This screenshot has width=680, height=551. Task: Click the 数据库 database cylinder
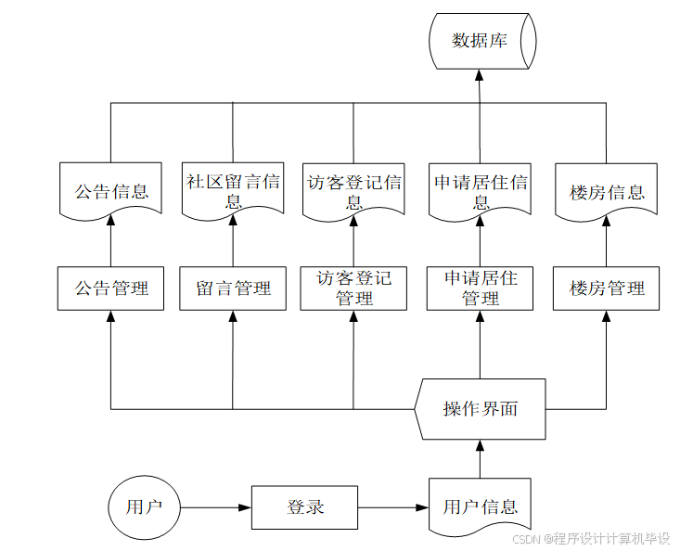481,41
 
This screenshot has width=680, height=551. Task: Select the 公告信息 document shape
110,192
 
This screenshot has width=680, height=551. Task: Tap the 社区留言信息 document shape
233,192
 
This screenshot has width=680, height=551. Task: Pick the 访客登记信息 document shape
353,192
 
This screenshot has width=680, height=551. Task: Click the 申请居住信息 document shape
481,192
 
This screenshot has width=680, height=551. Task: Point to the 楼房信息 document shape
606,192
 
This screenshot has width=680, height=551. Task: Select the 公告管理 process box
110,288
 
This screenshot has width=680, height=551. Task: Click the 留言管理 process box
233,288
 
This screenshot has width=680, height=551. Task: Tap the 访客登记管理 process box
353,288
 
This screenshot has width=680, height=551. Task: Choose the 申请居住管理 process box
481,288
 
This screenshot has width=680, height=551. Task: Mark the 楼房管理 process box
606,288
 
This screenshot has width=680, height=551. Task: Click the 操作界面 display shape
481,409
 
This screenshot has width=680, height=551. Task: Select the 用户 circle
144,507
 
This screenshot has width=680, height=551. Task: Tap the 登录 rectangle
305,507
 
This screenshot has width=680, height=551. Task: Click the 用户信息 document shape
481,506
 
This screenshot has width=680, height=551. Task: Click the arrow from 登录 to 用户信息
393,507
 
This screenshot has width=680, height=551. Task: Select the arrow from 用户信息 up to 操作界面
481,458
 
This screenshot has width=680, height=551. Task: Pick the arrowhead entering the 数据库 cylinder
481,80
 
